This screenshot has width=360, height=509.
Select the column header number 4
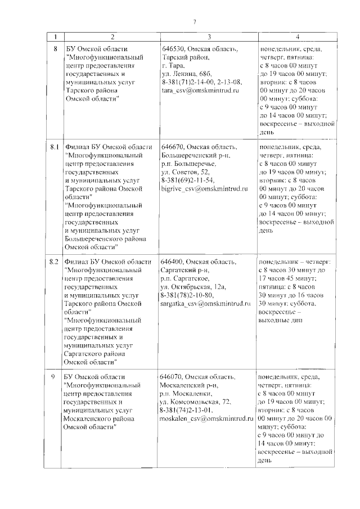pyautogui.click(x=297, y=37)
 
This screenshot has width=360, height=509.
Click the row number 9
pyautogui.click(x=55, y=376)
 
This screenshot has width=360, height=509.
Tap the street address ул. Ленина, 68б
pyautogui.click(x=187, y=74)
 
